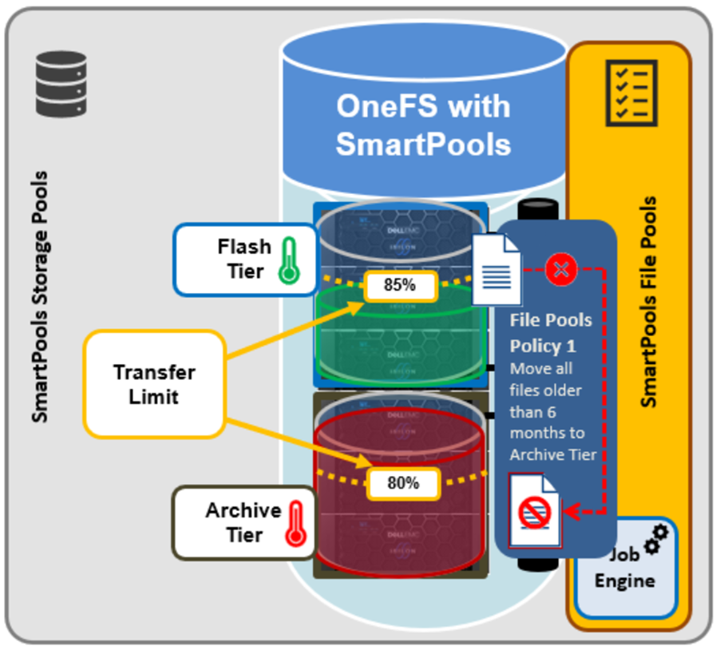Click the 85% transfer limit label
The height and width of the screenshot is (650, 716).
pos(400,286)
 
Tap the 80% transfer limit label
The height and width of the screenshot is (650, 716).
pos(404,482)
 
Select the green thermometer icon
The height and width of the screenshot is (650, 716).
pos(289,260)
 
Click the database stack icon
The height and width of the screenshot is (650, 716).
pos(61,83)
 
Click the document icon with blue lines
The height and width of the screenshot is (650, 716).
pos(496,270)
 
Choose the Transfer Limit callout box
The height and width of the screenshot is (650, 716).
pos(153,384)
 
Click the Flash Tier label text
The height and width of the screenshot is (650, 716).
pos(243,259)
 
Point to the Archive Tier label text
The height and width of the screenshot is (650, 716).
pos(243,522)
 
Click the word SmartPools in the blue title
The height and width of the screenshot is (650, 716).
pos(423,143)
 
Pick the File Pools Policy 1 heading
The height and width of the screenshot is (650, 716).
pos(551,333)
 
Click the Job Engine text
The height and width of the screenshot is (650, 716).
pos(624,568)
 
